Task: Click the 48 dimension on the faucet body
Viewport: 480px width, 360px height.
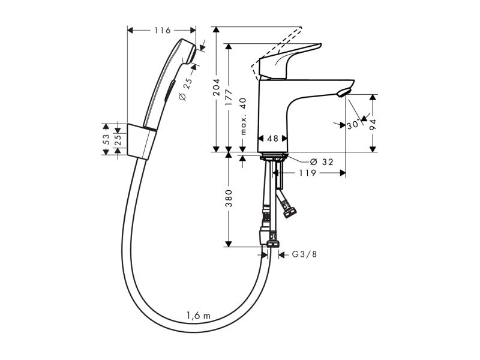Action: pos(272,138)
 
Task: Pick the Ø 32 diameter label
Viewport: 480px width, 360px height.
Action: pos(321,162)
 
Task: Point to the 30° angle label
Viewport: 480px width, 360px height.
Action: pos(353,125)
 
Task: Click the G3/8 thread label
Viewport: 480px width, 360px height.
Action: pos(303,254)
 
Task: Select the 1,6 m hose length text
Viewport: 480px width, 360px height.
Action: pos(197,315)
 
